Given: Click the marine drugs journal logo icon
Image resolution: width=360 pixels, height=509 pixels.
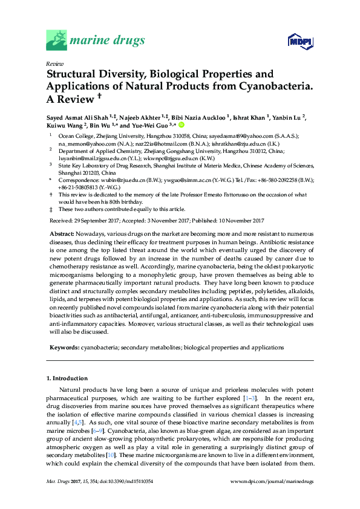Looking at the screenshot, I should [56, 41].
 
